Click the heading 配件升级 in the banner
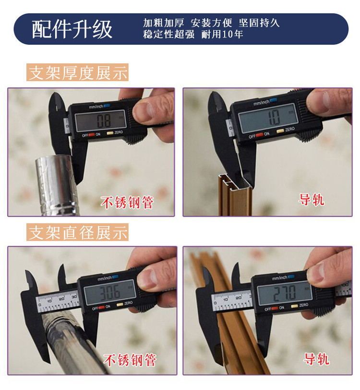click(x=72, y=29)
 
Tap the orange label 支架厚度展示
click(x=77, y=72)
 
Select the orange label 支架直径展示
click(x=77, y=232)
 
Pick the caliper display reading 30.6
click(x=110, y=293)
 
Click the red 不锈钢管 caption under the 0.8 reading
click(x=127, y=202)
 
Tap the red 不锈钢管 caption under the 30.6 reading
click(x=130, y=360)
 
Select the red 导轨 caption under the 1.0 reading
click(x=312, y=200)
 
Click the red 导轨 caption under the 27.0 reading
click(x=316, y=359)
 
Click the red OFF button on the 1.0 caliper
click(x=260, y=135)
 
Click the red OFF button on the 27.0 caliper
click(x=275, y=308)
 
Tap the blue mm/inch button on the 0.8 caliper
click(x=107, y=106)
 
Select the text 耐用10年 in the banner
click(x=222, y=35)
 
